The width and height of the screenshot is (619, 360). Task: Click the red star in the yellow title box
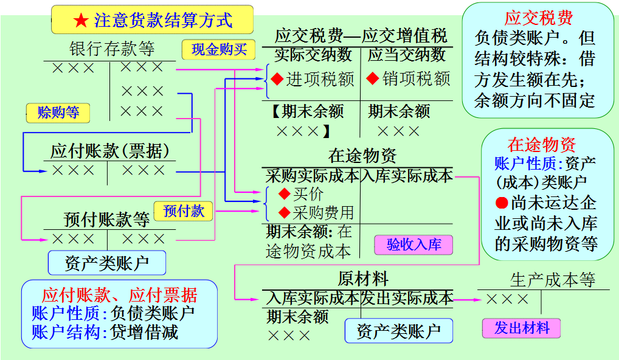81,20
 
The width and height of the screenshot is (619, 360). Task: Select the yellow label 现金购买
219,49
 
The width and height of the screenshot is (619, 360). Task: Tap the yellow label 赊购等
58,112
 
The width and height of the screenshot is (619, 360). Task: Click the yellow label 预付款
184,211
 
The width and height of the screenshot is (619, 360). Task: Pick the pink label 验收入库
414,244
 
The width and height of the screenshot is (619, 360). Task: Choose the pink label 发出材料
521,328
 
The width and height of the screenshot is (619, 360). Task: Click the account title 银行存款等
112,49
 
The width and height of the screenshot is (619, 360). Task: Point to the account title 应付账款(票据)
110,151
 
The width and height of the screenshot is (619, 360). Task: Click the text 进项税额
320,79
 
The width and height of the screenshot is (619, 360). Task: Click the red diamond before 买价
284,194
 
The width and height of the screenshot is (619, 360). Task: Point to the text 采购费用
323,212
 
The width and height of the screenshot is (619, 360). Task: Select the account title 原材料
362,279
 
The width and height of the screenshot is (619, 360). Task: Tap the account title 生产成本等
552,280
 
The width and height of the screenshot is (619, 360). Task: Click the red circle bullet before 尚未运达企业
501,203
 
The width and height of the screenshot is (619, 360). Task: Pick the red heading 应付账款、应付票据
119,295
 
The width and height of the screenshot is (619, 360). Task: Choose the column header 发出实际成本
407,298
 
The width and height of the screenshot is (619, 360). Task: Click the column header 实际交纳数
313,55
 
